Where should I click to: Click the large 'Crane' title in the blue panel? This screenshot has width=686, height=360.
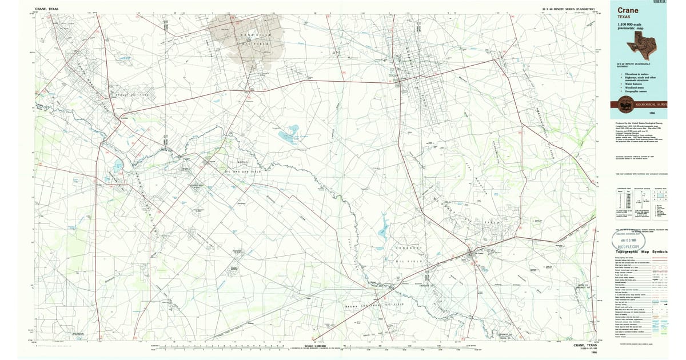[627, 10]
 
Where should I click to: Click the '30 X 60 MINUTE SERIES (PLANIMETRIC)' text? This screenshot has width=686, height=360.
[569, 9]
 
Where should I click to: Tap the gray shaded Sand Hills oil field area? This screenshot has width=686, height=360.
[246, 34]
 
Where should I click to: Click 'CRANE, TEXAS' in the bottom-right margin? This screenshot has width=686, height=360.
[589, 345]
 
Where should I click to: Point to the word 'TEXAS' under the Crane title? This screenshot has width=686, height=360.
[624, 17]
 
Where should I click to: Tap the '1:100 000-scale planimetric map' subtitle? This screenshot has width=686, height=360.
[629, 27]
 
